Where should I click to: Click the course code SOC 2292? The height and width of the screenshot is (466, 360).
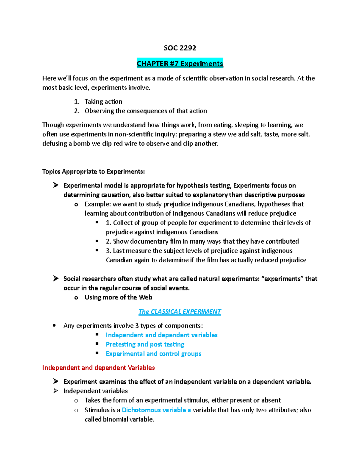pyautogui.click(x=180, y=48)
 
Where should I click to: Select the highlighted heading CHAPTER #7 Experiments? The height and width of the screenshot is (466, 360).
pyautogui.click(x=180, y=64)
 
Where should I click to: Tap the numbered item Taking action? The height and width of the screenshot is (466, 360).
pyautogui.click(x=103, y=101)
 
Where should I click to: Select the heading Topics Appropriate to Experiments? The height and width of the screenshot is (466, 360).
pyautogui.click(x=93, y=171)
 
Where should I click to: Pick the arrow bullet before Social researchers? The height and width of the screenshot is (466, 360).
pyautogui.click(x=56, y=278)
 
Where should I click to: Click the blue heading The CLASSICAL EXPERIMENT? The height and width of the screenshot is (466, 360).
pyautogui.click(x=179, y=312)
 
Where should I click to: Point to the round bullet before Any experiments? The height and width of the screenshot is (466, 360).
pyautogui.click(x=54, y=326)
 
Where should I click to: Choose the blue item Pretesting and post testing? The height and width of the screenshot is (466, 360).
pyautogui.click(x=145, y=344)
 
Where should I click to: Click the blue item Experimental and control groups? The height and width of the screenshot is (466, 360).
pyautogui.click(x=153, y=353)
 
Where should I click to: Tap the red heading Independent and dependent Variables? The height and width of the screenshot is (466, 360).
pyautogui.click(x=98, y=368)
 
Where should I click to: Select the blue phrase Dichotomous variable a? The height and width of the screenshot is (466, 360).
pyautogui.click(x=156, y=410)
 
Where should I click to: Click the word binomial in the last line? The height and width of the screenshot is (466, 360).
pyautogui.click(x=115, y=419)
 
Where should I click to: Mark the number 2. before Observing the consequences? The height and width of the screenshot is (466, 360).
pyautogui.click(x=77, y=111)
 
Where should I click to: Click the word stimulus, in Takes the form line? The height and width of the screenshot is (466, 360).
pyautogui.click(x=196, y=400)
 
